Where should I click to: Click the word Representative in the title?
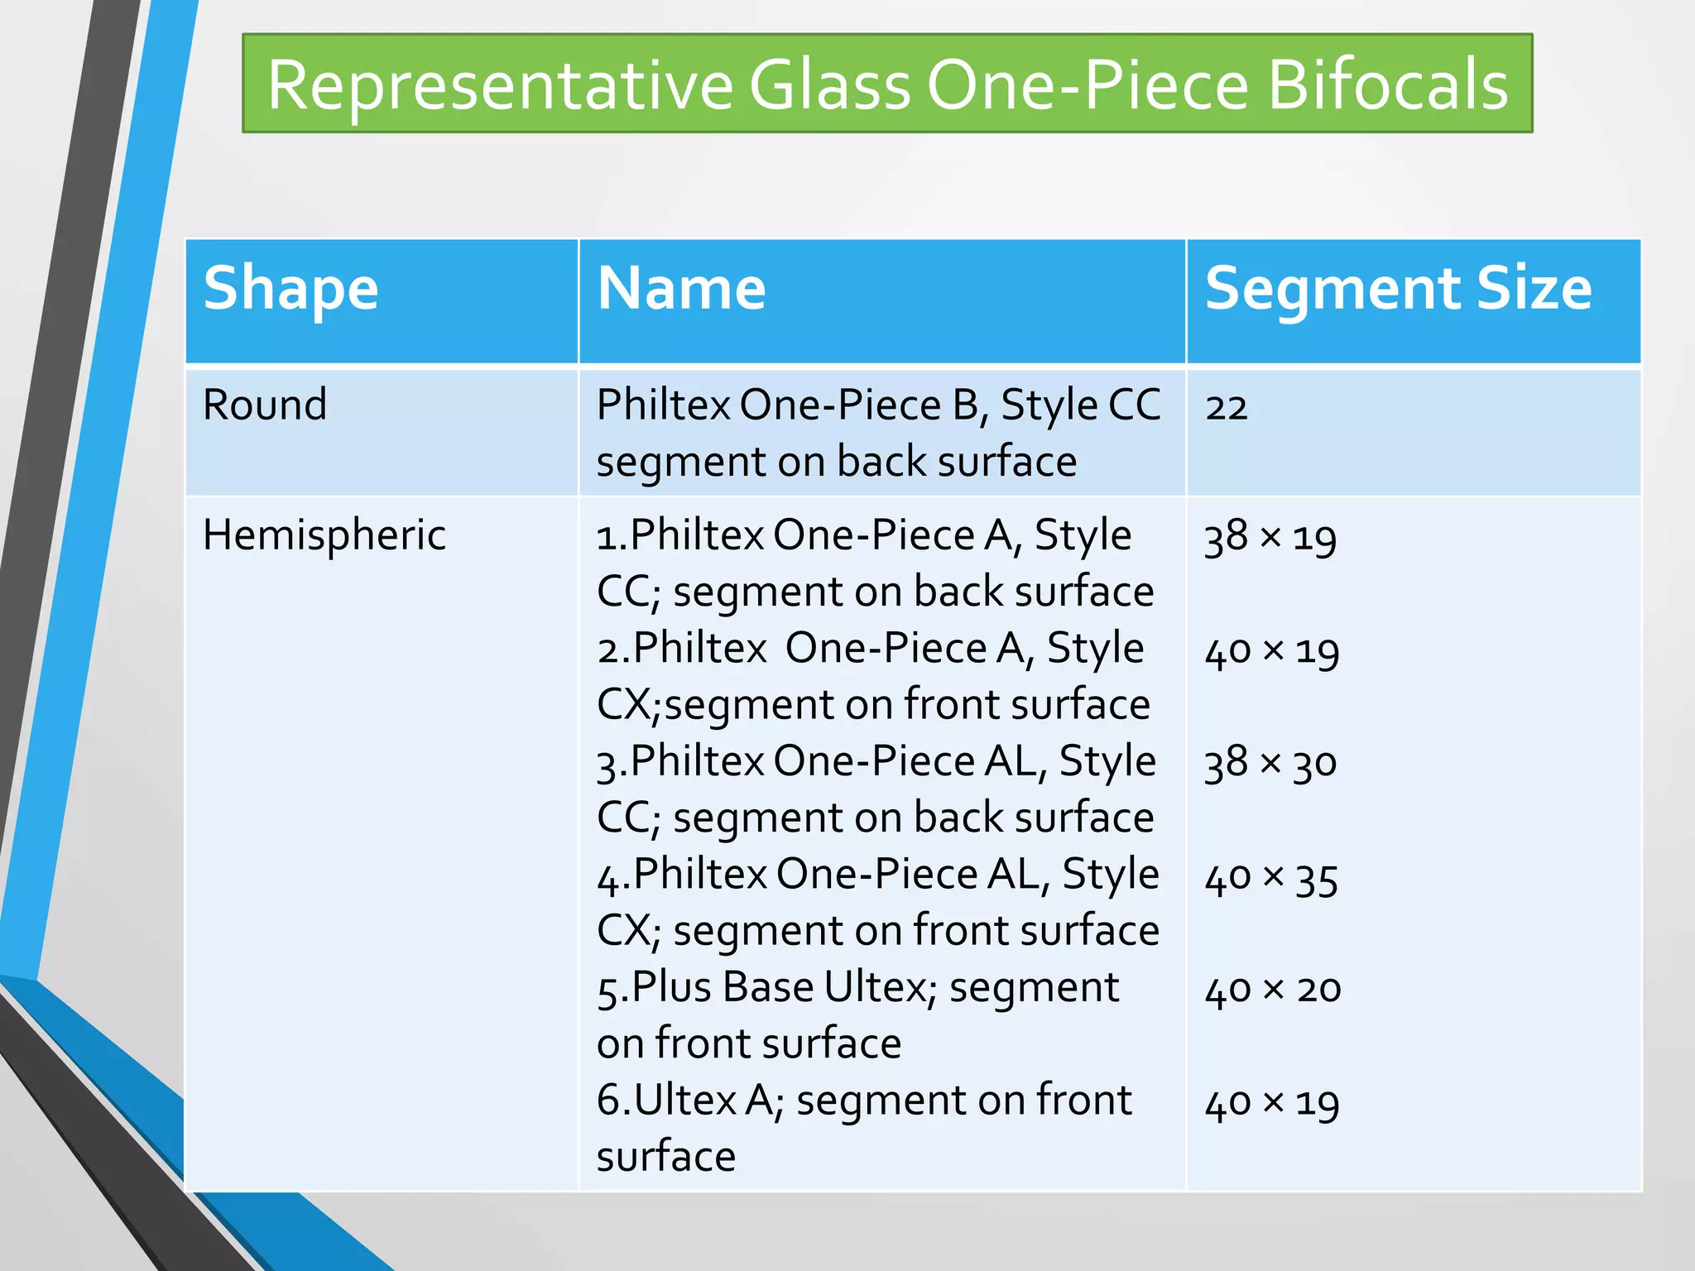(x=500, y=84)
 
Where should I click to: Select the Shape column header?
(x=291, y=289)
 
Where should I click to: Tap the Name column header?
(x=681, y=289)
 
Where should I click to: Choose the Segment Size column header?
(x=1398, y=289)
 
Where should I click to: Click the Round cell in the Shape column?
(x=265, y=405)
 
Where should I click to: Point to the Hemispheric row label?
(x=324, y=535)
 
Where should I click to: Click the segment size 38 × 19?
(x=1270, y=538)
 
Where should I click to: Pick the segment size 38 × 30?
(x=1270, y=763)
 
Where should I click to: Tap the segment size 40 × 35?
(x=1271, y=878)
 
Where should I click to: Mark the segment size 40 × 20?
(x=1273, y=990)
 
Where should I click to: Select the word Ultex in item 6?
(x=685, y=1101)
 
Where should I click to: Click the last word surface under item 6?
(x=665, y=1156)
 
